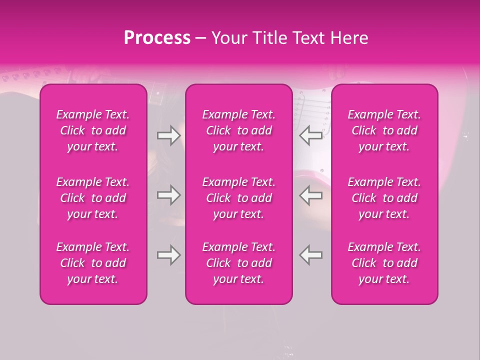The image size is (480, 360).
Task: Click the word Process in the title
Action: pyautogui.click(x=157, y=38)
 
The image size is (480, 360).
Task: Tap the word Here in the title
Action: pyautogui.click(x=349, y=38)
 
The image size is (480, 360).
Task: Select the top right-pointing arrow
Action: pyautogui.click(x=168, y=135)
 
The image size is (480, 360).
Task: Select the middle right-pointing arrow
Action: pyautogui.click(x=168, y=195)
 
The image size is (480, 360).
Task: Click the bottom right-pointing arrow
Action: pyautogui.click(x=168, y=255)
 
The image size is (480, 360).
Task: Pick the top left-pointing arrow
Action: pyautogui.click(x=311, y=135)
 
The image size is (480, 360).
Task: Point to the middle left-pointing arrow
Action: pyautogui.click(x=311, y=195)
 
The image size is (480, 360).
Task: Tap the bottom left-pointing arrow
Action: pyautogui.click(x=311, y=255)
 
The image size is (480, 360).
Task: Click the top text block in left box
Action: pyautogui.click(x=93, y=130)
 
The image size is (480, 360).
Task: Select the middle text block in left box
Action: pyautogui.click(x=93, y=198)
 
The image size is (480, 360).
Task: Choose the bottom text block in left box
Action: pyautogui.click(x=93, y=263)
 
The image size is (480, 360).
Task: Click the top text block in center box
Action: pyautogui.click(x=238, y=130)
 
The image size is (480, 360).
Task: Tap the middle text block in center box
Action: pyautogui.click(x=238, y=198)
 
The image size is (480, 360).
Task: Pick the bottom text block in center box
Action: pyautogui.click(x=238, y=263)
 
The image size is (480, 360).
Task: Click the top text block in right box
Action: pyautogui.click(x=384, y=130)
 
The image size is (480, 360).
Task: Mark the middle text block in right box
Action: pyautogui.click(x=384, y=198)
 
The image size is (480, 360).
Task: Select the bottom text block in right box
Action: pyautogui.click(x=384, y=263)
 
